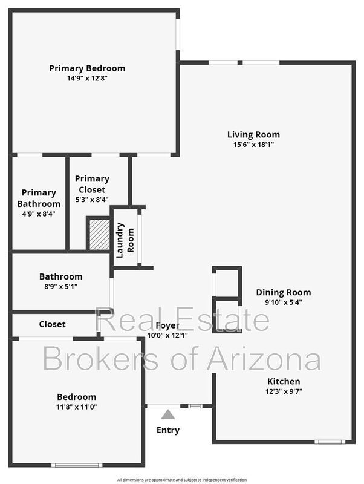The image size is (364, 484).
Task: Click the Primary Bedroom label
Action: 87,68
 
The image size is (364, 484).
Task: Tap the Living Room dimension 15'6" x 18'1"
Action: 253,145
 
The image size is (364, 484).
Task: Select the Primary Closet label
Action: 93,184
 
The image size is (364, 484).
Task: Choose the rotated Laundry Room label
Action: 125,240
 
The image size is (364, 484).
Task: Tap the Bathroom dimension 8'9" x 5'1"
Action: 59,286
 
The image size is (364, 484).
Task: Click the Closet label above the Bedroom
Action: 53,324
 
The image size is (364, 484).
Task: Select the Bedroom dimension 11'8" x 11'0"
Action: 77,407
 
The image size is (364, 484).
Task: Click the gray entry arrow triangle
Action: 168,414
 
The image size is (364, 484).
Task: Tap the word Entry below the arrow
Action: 168,430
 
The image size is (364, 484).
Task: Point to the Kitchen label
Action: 284,381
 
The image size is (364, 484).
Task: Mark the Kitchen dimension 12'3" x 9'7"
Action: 284,391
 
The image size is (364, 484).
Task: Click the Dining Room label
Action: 283,292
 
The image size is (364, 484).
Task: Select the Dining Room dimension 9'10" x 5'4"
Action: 283,302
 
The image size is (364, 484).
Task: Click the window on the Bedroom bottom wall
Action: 77,465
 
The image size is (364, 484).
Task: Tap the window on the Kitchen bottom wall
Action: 330,442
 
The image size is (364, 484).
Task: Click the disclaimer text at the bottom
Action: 182,479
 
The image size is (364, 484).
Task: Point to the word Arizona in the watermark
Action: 264,359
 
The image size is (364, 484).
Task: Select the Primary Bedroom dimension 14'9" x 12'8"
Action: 87,78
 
